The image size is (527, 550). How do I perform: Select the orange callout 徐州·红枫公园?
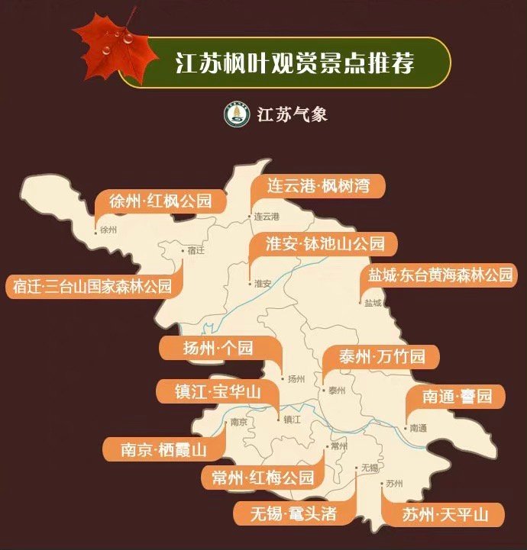(160, 202)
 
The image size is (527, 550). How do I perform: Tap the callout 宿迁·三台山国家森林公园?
(92, 287)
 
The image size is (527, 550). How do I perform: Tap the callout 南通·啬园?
(456, 397)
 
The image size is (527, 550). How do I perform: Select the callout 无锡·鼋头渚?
(295, 513)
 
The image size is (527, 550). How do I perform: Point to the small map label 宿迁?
(196, 249)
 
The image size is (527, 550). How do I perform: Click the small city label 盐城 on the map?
(373, 303)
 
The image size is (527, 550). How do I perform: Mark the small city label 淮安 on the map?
(262, 283)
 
